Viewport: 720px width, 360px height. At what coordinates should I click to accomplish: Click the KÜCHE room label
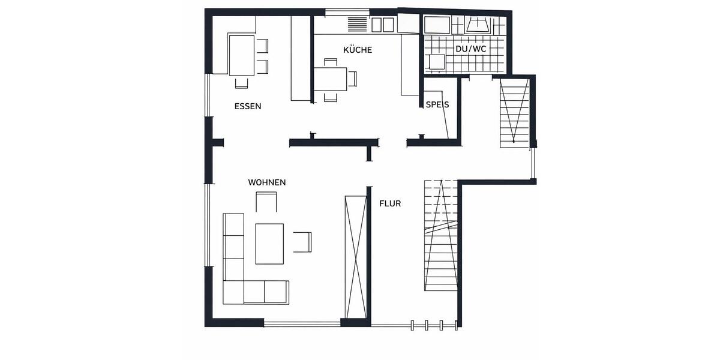click(x=358, y=50)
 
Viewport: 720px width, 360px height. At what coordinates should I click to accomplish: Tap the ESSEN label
click(x=248, y=106)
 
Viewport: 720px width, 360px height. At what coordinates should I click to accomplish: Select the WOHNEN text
click(x=267, y=182)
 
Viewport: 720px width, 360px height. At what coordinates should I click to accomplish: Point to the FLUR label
click(x=390, y=203)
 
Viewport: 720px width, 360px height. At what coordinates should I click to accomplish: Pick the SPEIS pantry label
click(x=437, y=104)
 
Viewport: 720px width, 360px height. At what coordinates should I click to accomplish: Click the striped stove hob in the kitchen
click(x=356, y=24)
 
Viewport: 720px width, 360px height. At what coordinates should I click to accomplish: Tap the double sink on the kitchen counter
click(x=383, y=25)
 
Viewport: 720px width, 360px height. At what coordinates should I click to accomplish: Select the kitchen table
click(x=330, y=78)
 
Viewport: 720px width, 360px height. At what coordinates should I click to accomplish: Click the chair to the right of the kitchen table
click(x=353, y=78)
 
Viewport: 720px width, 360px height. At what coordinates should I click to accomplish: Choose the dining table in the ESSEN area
click(x=241, y=55)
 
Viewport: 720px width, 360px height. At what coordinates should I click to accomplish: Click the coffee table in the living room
click(x=269, y=243)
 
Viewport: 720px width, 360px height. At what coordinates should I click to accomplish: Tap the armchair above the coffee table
click(x=266, y=202)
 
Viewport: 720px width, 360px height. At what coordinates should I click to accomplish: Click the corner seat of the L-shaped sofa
click(x=233, y=292)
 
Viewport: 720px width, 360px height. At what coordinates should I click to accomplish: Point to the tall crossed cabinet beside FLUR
click(x=356, y=256)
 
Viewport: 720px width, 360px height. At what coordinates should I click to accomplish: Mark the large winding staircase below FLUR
click(x=441, y=240)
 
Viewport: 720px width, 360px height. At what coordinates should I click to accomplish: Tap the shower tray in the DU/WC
click(x=437, y=25)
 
